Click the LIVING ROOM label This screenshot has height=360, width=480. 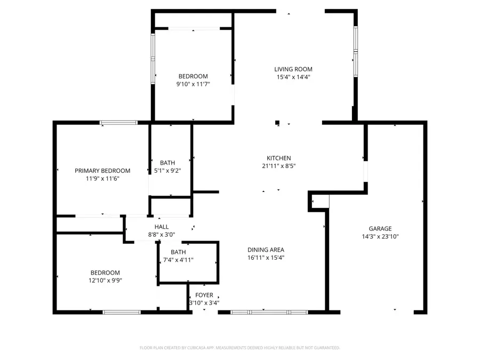click(x=293, y=69)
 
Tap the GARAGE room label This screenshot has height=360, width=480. click(x=380, y=228)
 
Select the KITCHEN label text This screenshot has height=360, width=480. click(x=278, y=158)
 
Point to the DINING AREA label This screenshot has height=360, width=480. click(x=266, y=250)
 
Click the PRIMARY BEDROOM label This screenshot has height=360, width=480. click(x=102, y=171)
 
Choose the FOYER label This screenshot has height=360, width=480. click(x=204, y=295)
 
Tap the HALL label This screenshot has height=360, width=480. click(x=161, y=227)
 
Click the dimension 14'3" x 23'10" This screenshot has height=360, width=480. click(x=380, y=236)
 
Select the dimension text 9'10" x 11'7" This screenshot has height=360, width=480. click(x=193, y=84)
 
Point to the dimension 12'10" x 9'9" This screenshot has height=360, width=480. click(x=105, y=281)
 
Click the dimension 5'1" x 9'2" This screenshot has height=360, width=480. click(x=167, y=171)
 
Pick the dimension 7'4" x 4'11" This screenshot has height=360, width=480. click(x=178, y=260)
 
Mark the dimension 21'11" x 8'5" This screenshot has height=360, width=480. click(x=278, y=166)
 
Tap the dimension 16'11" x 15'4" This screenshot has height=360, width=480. click(x=266, y=258)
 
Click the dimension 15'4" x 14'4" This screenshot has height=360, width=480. click(x=293, y=77)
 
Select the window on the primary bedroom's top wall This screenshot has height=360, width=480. click(x=118, y=123)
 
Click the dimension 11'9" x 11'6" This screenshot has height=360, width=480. click(x=102, y=179)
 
